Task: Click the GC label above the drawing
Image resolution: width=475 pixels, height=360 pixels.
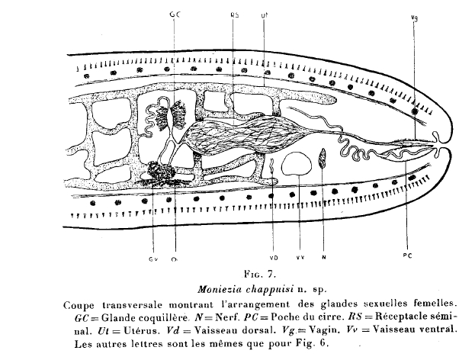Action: coord(175,14)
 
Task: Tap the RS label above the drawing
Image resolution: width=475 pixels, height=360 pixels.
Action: coord(235,15)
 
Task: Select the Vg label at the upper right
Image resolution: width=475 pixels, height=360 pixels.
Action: coord(415,18)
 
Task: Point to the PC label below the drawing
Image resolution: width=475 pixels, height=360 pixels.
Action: coord(408,256)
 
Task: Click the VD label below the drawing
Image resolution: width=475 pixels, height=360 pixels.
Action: coord(274,258)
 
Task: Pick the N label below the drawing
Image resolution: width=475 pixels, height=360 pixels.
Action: coord(323,258)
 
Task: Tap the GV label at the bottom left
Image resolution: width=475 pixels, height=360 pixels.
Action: coord(152,259)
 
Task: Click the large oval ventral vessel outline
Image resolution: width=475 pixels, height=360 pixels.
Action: coord(297,164)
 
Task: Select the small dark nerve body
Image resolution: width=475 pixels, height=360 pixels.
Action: coord(323,158)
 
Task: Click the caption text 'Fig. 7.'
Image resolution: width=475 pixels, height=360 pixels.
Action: coord(260,275)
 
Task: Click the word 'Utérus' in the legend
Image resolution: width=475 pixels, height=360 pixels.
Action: coord(141,330)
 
